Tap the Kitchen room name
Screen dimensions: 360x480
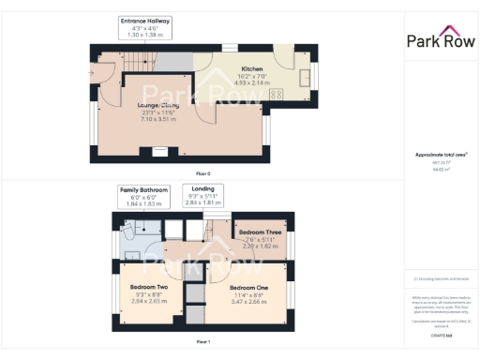[252, 69]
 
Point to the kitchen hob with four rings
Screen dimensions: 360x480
[276, 94]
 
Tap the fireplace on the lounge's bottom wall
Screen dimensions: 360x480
[148, 151]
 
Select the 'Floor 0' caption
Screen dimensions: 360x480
[202, 174]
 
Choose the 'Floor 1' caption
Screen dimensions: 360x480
[202, 342]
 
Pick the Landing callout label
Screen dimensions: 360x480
[203, 189]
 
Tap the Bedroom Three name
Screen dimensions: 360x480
[258, 232]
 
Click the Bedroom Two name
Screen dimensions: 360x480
[149, 286]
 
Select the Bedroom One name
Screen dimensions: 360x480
[250, 287]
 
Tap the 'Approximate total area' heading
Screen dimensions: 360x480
[440, 155]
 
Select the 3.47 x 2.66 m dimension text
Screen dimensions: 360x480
[250, 302]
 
